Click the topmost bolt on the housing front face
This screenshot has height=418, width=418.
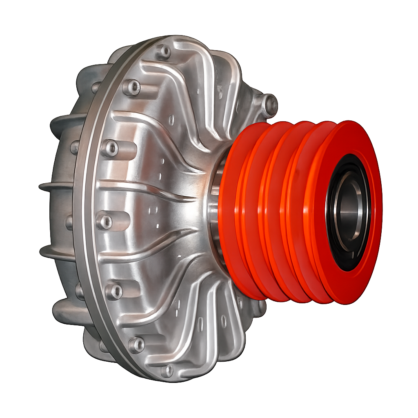click(165, 52)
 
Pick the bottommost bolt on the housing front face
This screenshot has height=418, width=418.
click(167, 371)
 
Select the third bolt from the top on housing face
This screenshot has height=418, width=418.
click(110, 148)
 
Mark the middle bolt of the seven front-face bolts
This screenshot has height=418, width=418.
click(106, 222)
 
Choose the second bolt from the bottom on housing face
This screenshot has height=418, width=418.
click(136, 344)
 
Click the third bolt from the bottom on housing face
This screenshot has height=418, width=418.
click(114, 291)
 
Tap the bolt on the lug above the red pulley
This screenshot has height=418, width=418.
click(269, 103)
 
